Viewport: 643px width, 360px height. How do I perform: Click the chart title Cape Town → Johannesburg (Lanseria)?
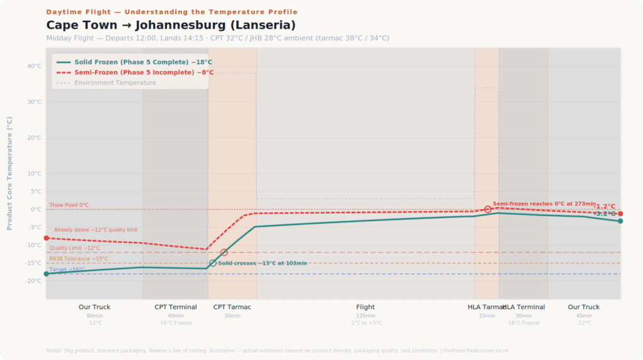(x=171, y=25)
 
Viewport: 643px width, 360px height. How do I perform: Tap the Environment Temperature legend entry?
(x=115, y=82)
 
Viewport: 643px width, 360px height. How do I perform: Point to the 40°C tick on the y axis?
(x=34, y=66)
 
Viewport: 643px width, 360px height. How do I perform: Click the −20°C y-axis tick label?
(x=34, y=281)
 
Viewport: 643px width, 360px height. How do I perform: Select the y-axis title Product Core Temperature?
(x=9, y=173)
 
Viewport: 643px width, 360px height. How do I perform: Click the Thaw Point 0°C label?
(x=69, y=205)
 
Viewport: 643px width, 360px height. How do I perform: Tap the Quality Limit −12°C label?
(x=74, y=248)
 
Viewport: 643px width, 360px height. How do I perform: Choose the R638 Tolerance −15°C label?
(x=78, y=258)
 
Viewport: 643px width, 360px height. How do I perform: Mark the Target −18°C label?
(x=67, y=269)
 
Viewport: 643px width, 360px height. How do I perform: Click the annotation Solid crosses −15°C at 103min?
(x=262, y=263)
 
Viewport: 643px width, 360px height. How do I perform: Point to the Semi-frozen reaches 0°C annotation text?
(x=544, y=204)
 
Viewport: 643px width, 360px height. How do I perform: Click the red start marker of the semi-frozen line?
(x=46, y=238)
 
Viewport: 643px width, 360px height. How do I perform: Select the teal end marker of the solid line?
(x=620, y=221)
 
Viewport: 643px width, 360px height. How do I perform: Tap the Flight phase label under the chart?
(x=365, y=307)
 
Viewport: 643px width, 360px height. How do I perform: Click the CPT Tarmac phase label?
(x=232, y=307)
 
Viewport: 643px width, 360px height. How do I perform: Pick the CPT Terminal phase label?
(x=176, y=307)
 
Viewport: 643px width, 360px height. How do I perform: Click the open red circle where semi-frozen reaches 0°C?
(x=487, y=209)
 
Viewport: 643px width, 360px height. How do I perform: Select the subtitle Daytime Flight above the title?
(x=172, y=12)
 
